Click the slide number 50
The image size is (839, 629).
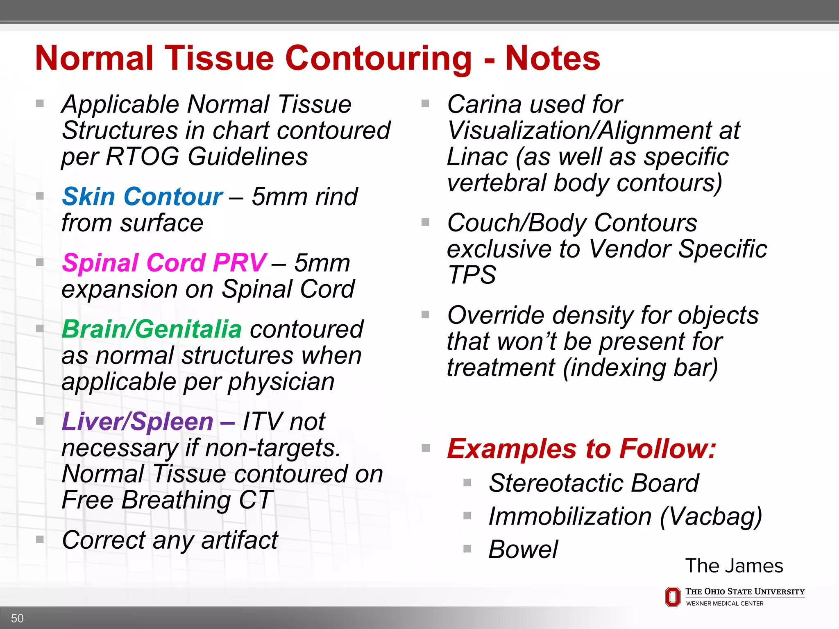point(17,618)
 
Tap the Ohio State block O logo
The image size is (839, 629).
point(672,597)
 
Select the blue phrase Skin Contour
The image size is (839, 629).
point(142,197)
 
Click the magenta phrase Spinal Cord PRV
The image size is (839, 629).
point(164,262)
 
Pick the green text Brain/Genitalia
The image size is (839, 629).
point(152,329)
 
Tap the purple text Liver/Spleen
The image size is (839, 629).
point(138,421)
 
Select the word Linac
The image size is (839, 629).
point(477,157)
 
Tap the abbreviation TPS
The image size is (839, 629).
point(472,275)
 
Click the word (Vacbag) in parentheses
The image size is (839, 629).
point(711,516)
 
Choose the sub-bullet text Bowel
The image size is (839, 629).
point(523,549)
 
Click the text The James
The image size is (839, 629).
point(734,566)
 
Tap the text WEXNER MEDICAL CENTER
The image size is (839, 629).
point(724,603)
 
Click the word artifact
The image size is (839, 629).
point(240,540)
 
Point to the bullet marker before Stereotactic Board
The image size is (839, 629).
point(467,482)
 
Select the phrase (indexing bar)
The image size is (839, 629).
point(640,367)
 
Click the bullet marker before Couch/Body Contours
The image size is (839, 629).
point(425,222)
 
